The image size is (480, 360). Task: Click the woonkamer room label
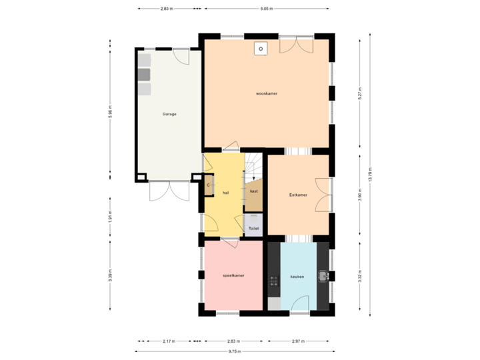tap(266, 94)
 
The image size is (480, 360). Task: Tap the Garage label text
tap(169, 114)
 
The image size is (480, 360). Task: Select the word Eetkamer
tap(298, 195)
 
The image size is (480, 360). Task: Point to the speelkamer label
tap(233, 275)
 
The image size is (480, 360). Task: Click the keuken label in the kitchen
tap(297, 276)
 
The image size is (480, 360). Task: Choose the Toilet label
tap(253, 229)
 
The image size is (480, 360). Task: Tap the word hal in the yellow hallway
tap(226, 193)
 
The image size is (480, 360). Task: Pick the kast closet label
tap(253, 191)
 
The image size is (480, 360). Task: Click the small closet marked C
tap(209, 185)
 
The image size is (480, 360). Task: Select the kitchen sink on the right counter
tap(323, 275)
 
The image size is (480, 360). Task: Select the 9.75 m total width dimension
tap(235, 351)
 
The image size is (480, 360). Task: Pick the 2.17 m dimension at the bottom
tap(169, 341)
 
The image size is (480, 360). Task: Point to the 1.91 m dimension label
tap(110, 217)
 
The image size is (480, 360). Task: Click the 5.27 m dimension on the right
tap(359, 93)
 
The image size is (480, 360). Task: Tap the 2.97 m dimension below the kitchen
tap(298, 341)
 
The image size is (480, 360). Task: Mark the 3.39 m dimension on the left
tap(110, 275)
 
